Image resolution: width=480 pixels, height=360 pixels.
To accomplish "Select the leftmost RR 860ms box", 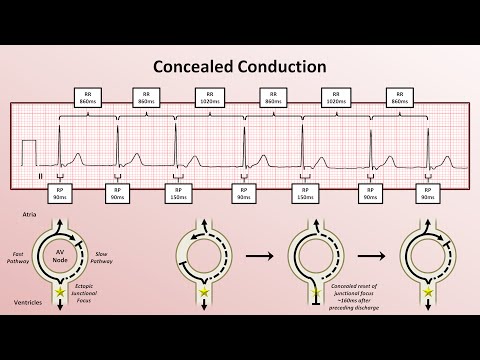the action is [88, 100].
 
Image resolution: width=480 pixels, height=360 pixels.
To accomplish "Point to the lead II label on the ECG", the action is [41, 175].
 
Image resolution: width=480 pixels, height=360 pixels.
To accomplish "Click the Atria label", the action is [30, 214].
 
